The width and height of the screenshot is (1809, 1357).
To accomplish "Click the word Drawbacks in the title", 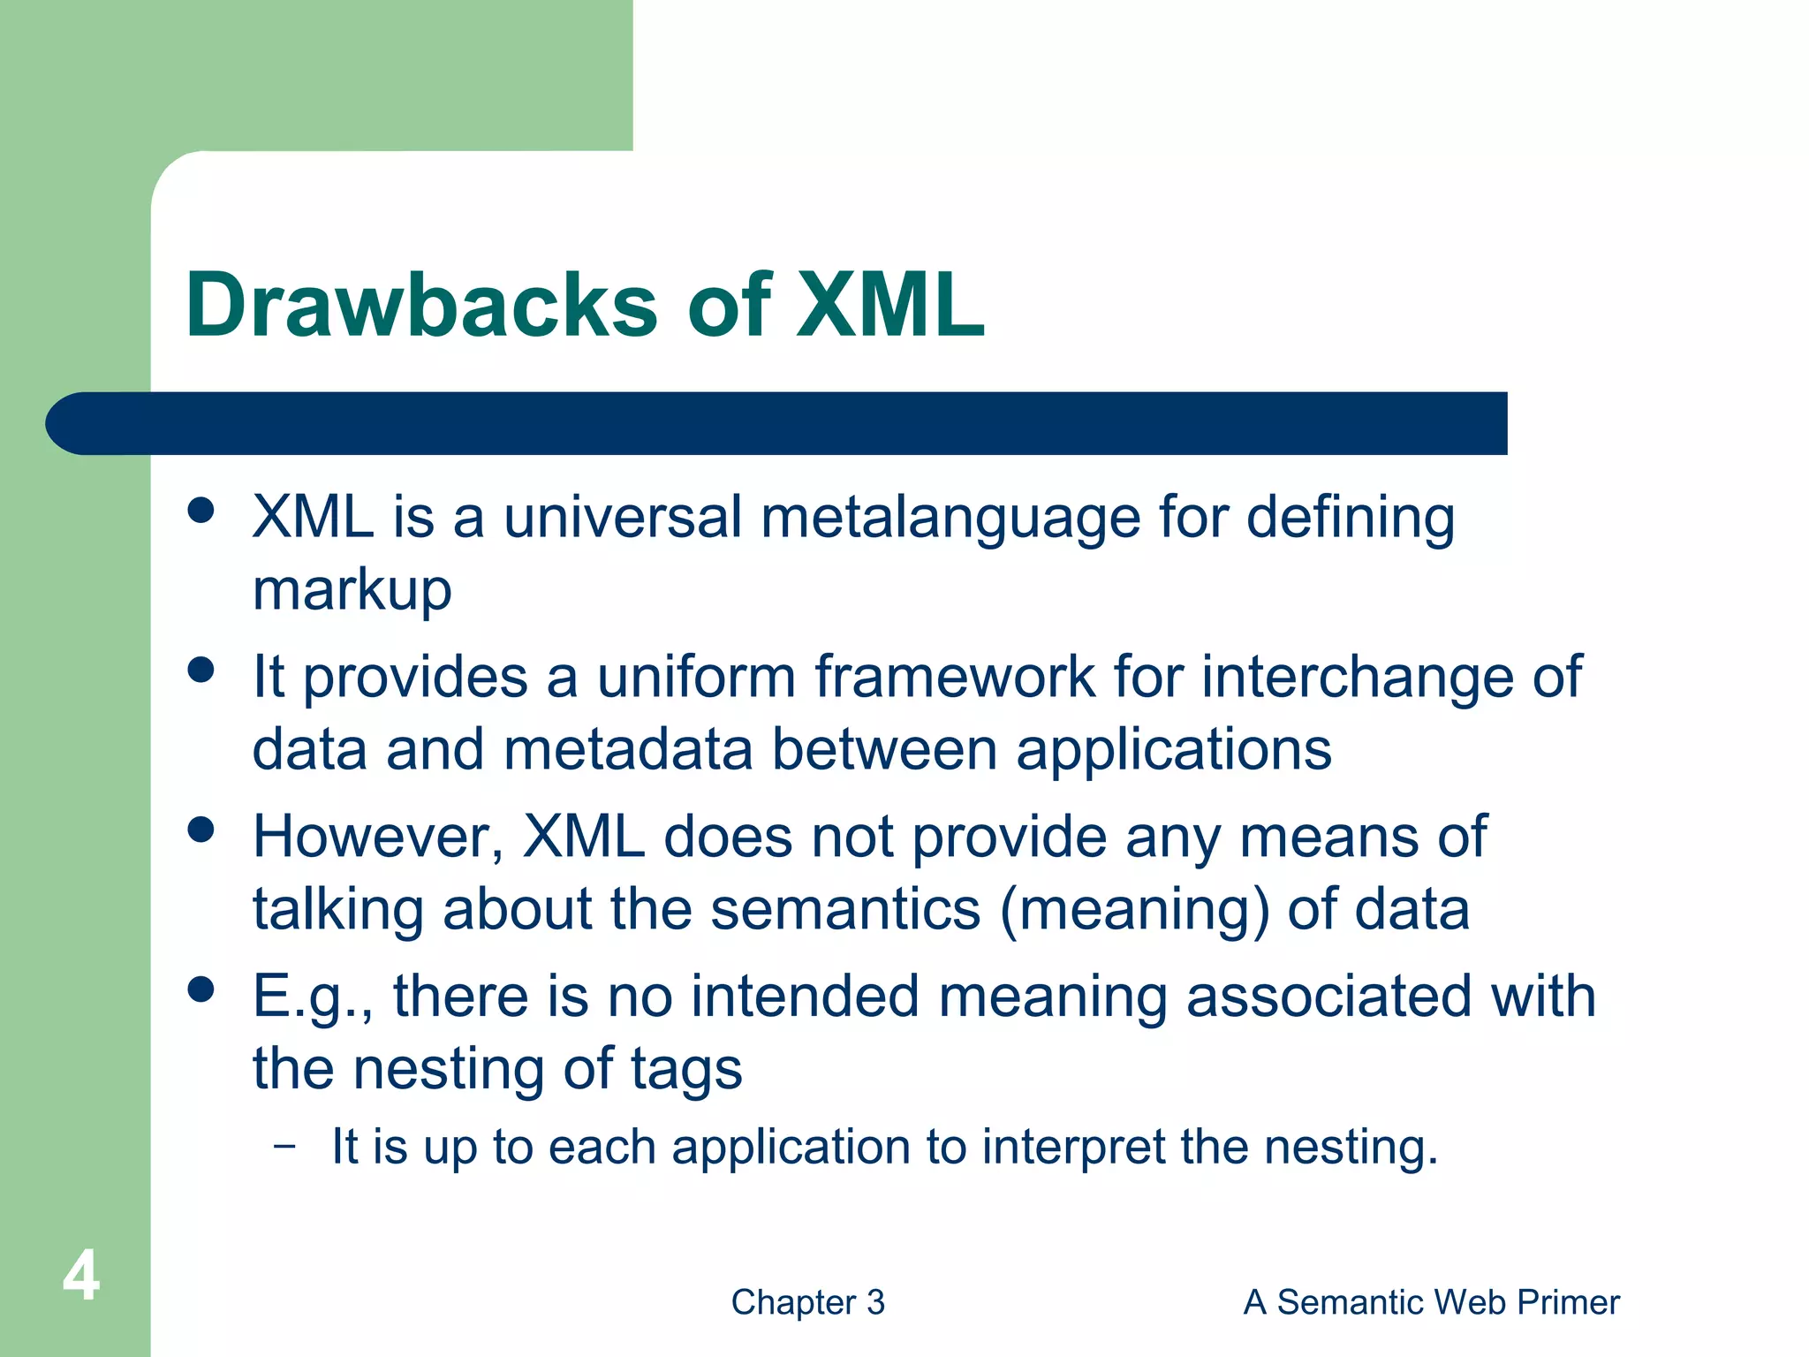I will click(x=422, y=306).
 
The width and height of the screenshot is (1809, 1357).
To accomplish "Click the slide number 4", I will click(x=80, y=1277).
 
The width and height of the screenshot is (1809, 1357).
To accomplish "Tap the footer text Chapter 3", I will click(x=807, y=1302).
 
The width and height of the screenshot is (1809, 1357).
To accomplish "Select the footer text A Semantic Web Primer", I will click(x=1431, y=1302).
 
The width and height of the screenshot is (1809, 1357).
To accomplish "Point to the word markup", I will click(x=352, y=591).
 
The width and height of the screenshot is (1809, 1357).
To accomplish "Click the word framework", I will click(x=954, y=678).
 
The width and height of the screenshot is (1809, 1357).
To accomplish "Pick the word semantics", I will click(x=845, y=910).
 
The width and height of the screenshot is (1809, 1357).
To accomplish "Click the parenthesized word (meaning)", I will click(x=1134, y=910).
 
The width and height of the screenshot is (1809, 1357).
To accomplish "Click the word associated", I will click(x=1328, y=997).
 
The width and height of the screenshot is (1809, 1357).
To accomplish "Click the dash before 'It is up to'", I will click(x=284, y=1147).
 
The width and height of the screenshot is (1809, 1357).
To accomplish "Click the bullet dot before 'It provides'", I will click(x=202, y=670).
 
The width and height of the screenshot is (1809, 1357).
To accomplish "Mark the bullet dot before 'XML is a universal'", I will click(x=202, y=510).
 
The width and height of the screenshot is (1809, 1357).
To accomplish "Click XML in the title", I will click(x=889, y=306).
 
